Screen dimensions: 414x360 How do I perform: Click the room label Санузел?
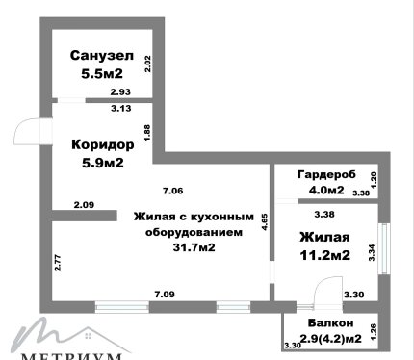coord(102,55)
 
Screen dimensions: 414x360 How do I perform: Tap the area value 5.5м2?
coord(102,74)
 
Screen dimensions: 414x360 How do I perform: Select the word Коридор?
coord(103,144)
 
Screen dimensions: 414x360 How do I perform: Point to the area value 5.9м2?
coord(103,163)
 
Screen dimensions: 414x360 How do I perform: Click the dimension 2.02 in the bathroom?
coord(147,64)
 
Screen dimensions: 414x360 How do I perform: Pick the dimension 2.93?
coord(120,92)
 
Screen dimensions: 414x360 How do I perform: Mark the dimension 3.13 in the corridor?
coord(121,109)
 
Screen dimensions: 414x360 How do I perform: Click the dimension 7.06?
coord(173,191)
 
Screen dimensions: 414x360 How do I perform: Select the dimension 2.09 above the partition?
coord(84,205)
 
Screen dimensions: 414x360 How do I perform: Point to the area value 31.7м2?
coord(194,247)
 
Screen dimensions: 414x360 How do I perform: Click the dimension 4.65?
coord(265,222)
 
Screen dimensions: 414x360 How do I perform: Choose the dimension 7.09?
coord(165,294)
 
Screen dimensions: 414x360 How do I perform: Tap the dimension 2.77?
coord(58,263)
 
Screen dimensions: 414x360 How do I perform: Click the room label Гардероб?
coord(326,174)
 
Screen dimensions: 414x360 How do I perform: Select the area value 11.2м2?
coord(324,255)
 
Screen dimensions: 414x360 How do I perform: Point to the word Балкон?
coord(330,322)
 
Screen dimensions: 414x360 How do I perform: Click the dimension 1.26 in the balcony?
coord(374,332)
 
